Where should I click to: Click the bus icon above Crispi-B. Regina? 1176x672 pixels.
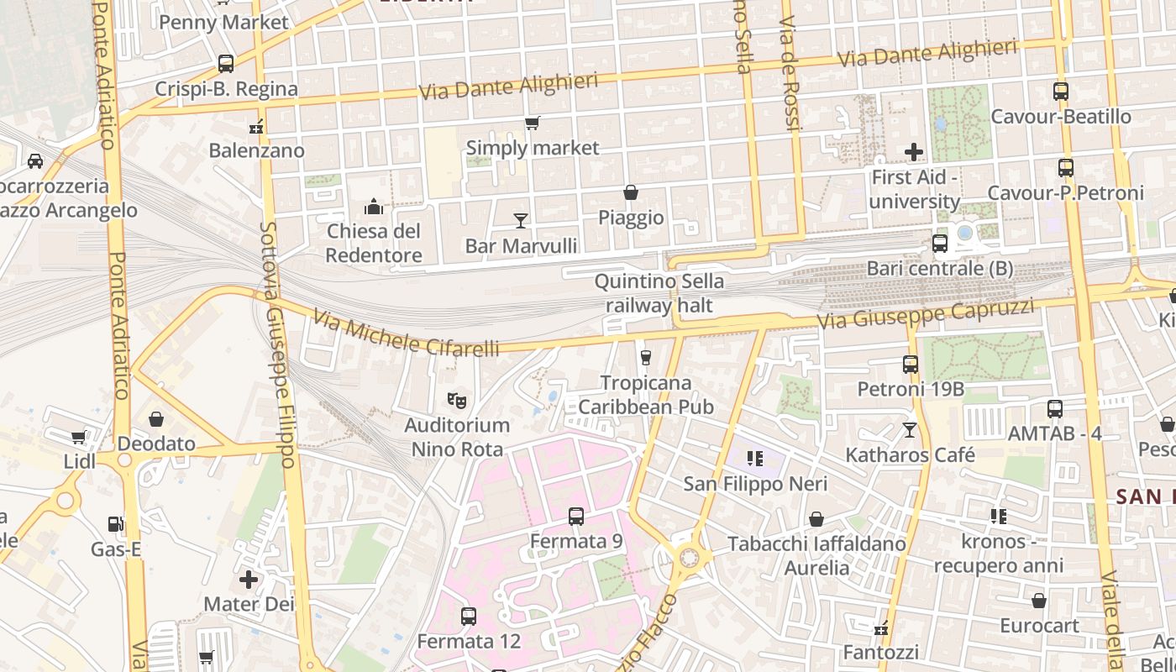pos(225,63)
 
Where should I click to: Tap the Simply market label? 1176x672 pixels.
pos(533,148)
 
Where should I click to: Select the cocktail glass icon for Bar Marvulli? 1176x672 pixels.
pos(521,220)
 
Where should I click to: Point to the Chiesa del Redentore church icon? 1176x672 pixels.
pos(374,206)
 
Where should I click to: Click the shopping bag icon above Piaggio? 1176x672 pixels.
pos(631,192)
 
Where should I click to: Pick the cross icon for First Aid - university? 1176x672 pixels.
pos(914,152)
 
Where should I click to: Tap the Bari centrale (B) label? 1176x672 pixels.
pos(940,269)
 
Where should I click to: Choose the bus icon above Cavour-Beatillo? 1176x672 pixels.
pos(1061,92)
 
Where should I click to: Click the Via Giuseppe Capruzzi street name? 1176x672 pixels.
pos(926,314)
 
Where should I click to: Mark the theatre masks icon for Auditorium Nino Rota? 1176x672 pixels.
pos(457,400)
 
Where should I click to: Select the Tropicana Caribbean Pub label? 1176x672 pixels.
pos(646,395)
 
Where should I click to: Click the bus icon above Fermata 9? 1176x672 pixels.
pos(576,517)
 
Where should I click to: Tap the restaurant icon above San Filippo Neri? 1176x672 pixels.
pos(754,459)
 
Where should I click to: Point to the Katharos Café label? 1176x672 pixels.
pos(910,455)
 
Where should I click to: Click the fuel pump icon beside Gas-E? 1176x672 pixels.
pos(115,524)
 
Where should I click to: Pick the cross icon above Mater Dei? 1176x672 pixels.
pos(249,580)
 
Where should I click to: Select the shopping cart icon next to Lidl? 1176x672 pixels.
pos(78,437)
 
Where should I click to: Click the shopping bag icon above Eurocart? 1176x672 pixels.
pos(1039,601)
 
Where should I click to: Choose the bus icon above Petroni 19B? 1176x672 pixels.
pos(911,365)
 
